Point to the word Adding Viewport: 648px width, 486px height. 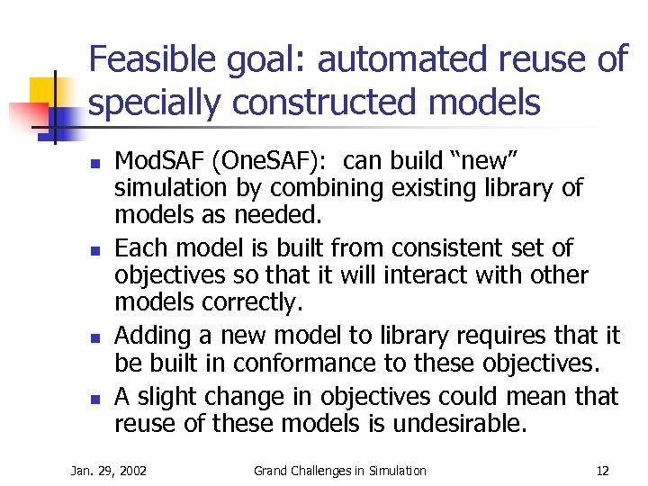(x=153, y=336)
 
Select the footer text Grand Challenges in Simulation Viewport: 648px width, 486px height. (x=340, y=471)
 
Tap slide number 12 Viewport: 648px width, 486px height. (x=603, y=471)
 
